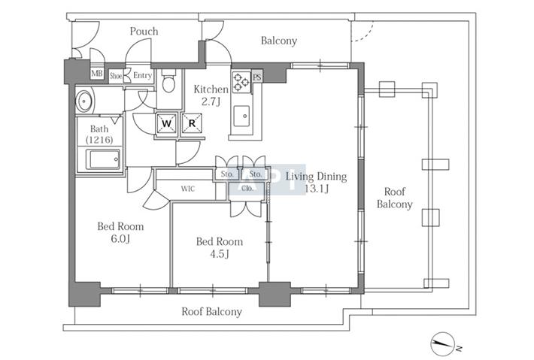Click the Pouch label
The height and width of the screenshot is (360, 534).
[x=144, y=32]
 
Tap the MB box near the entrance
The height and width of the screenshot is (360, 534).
[x=97, y=74]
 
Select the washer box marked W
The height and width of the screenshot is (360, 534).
[x=166, y=123]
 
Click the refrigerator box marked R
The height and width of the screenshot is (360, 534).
[x=192, y=123]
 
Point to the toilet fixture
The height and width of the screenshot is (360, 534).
[x=168, y=81]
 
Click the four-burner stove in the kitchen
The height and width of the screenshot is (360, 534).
[x=241, y=82]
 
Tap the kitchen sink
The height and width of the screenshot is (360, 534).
[x=241, y=116]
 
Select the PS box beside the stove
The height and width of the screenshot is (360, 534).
[x=257, y=77]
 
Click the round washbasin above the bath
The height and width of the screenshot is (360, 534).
[x=83, y=101]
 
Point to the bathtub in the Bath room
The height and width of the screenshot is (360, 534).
[x=103, y=159]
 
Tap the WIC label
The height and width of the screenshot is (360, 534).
[x=187, y=189]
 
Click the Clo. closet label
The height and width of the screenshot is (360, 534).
[x=247, y=188]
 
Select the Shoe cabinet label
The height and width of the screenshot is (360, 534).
[x=116, y=76]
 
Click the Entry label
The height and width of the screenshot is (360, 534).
[x=142, y=75]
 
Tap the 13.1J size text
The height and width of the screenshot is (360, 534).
[x=317, y=189]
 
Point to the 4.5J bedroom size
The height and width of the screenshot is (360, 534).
[x=220, y=254]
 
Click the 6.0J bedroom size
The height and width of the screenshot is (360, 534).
[x=120, y=239]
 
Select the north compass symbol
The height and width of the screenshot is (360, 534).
[x=444, y=343]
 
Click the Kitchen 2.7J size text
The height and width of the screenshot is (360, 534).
[x=211, y=101]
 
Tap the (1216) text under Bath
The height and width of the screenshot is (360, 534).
[x=99, y=140]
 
